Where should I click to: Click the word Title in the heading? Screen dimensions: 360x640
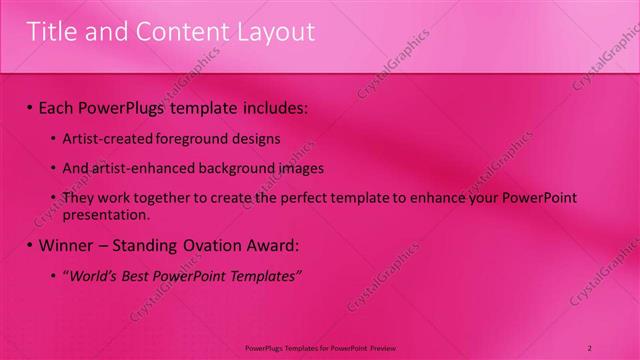tap(50, 32)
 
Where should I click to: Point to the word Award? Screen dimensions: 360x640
tap(280, 245)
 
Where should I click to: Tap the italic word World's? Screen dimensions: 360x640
tap(94, 276)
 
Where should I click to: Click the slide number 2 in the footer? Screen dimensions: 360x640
tap(591, 347)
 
